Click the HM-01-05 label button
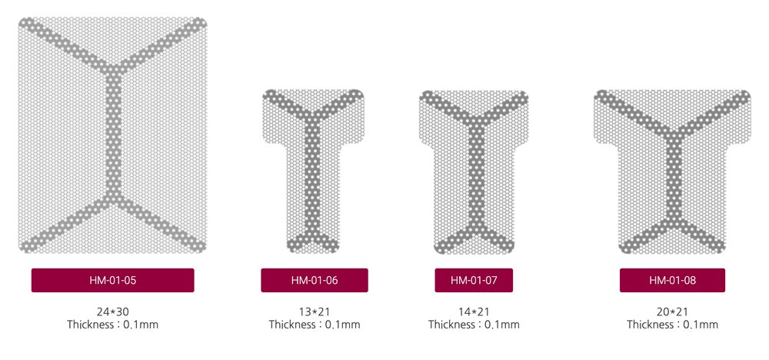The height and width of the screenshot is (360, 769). [x=113, y=280]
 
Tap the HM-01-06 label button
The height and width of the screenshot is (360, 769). [x=315, y=280]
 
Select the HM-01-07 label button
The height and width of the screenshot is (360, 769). [x=474, y=280]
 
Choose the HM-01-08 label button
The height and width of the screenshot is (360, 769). [x=672, y=280]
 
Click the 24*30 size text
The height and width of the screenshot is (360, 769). [x=113, y=312]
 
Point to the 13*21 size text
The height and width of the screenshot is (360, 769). [x=315, y=312]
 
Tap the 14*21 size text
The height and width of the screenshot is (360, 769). [x=474, y=312]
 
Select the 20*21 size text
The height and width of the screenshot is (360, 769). [x=672, y=312]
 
